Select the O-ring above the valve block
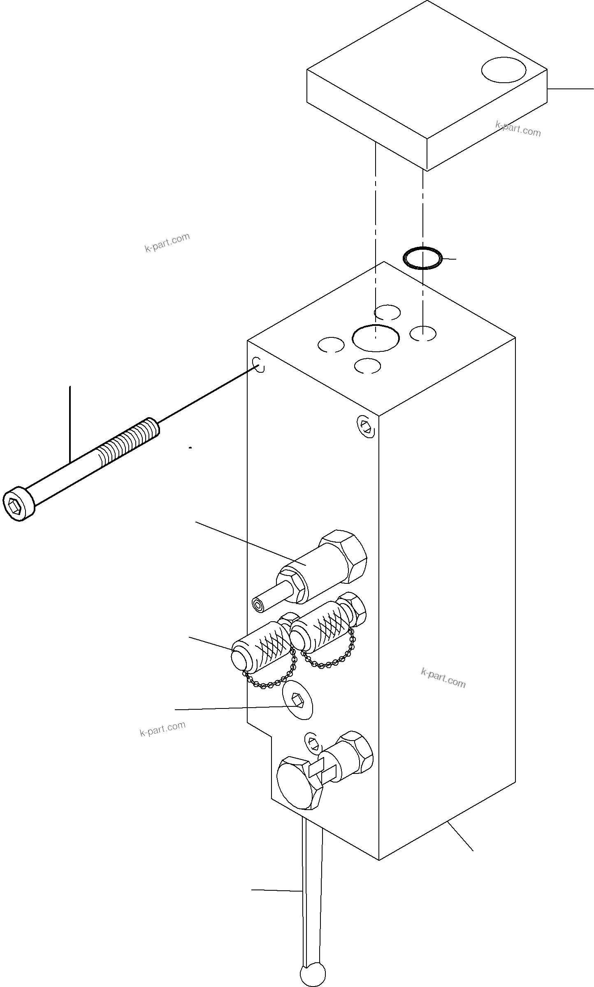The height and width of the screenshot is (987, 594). click(x=423, y=258)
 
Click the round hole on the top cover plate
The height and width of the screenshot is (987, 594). click(x=504, y=70)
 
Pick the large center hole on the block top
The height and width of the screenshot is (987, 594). click(x=376, y=338)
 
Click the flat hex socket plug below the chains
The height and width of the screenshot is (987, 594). click(x=297, y=705)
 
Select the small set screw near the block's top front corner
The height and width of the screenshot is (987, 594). click(x=366, y=426)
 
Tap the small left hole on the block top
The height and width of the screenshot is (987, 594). click(x=331, y=345)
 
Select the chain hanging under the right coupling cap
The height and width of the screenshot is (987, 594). click(x=329, y=661)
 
